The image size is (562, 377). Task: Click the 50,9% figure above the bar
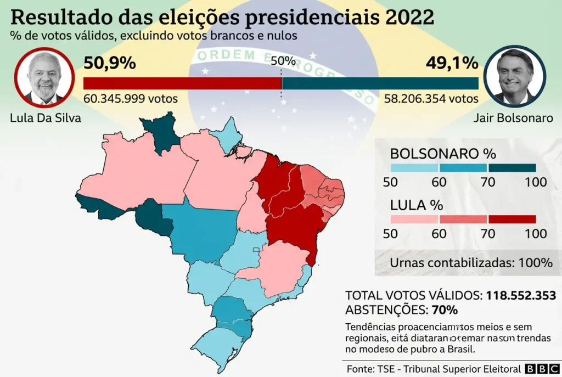tap(109, 64)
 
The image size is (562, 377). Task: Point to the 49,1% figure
tap(452, 64)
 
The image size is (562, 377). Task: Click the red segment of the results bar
tap(182, 83)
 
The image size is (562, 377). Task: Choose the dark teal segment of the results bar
tap(380, 83)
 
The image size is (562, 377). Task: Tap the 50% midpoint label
tap(283, 61)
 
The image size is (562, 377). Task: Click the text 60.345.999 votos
tap(131, 99)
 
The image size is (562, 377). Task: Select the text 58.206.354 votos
tap(431, 99)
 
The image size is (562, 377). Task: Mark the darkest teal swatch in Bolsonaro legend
tap(512, 168)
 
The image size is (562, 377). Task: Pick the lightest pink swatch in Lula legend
tap(414, 220)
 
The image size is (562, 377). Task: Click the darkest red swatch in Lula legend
tap(512, 220)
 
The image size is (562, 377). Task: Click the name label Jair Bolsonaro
tap(514, 118)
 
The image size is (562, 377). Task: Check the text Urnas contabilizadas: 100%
tap(471, 263)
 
